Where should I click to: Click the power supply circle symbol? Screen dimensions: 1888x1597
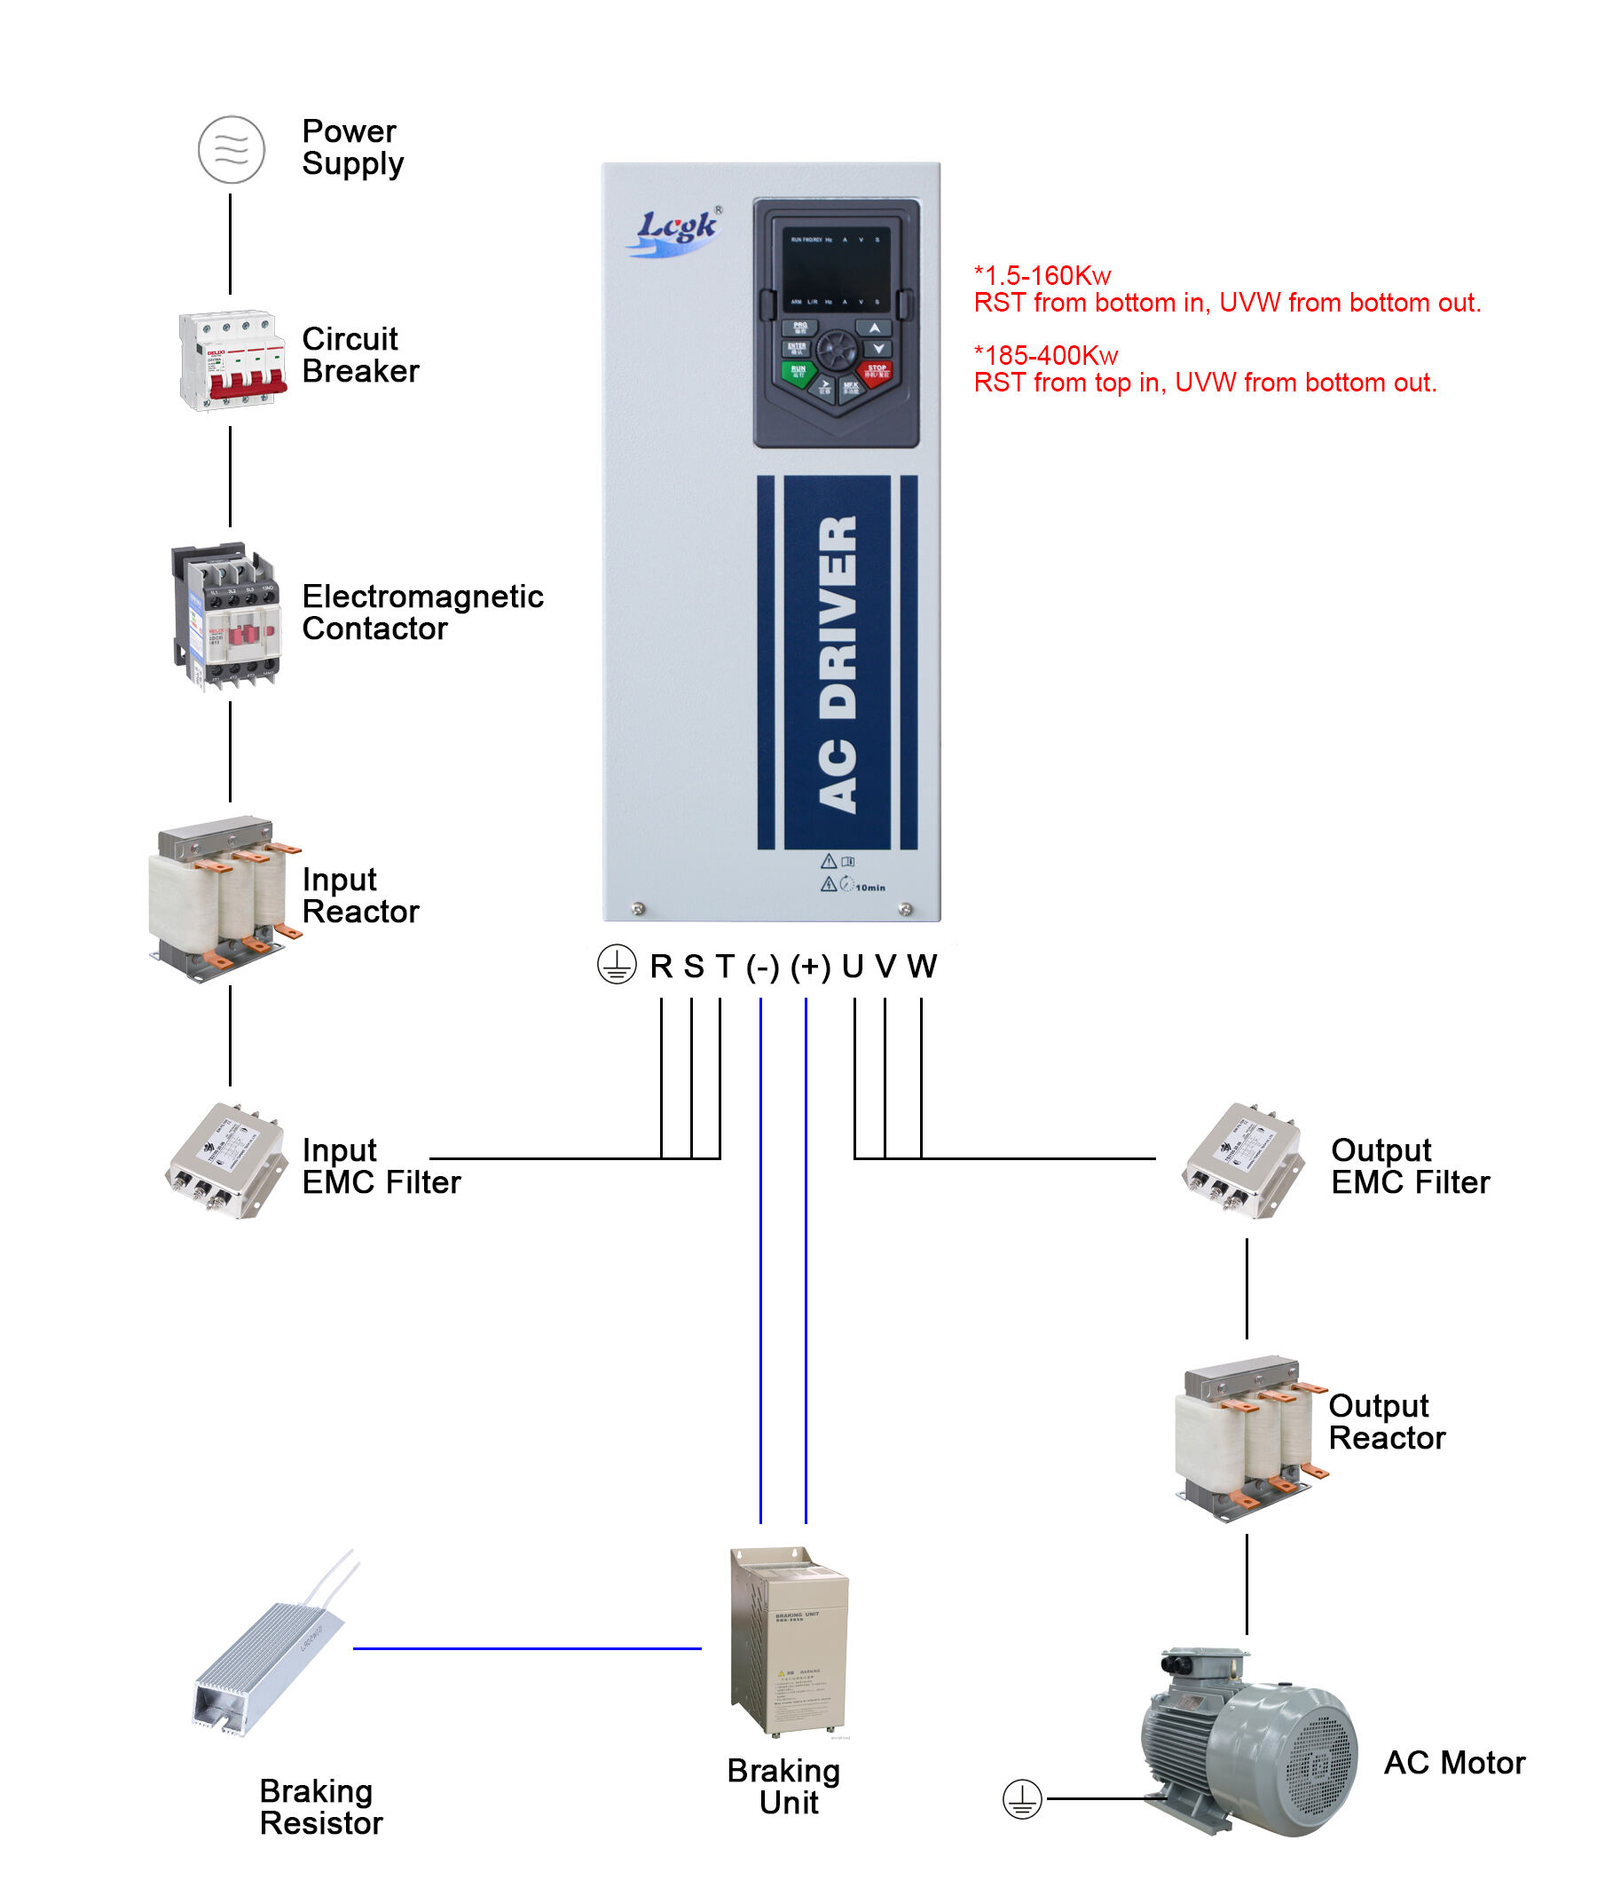tap(231, 149)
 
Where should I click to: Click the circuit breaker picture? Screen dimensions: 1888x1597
tap(232, 359)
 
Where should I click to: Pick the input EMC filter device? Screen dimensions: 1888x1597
tap(226, 1160)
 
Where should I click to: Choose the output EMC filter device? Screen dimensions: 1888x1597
tap(1241, 1160)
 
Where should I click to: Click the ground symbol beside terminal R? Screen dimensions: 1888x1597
tap(617, 964)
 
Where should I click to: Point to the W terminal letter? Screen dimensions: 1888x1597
tap(922, 966)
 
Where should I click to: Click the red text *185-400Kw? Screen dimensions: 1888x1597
tap(1046, 355)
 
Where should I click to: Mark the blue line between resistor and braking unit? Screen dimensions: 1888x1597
tap(527, 1648)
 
